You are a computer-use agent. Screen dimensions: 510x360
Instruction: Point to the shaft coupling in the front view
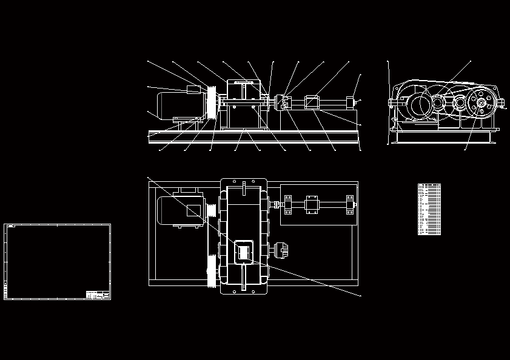pos(281,102)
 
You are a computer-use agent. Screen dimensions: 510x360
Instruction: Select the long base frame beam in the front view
pos(254,137)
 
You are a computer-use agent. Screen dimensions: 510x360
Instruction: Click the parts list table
pos(429,209)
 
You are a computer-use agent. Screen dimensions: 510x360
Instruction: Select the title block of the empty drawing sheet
pos(97,295)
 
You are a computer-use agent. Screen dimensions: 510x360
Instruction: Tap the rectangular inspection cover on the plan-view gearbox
pos(243,251)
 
